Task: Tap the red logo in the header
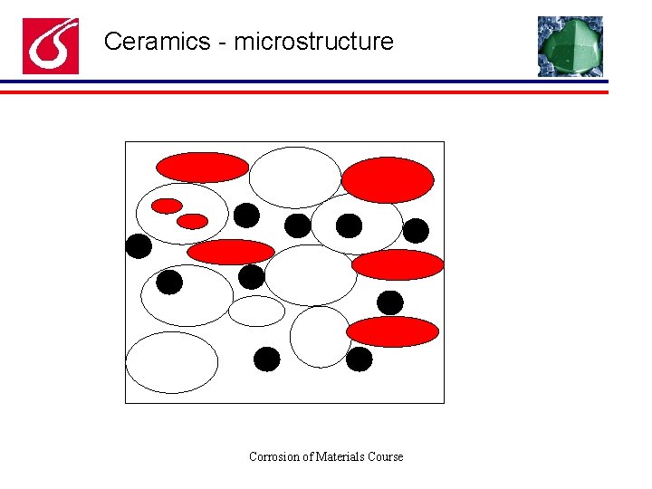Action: coord(51,46)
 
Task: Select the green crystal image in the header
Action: coord(570,46)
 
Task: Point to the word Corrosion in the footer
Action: coord(275,456)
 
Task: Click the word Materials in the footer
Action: coord(340,456)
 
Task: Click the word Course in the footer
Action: coord(386,456)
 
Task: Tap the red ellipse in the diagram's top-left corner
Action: coord(202,167)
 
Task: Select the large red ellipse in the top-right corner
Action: coord(388,179)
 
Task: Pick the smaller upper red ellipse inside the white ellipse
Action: coord(167,206)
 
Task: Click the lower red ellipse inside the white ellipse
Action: coord(192,221)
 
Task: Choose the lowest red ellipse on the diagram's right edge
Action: coord(392,331)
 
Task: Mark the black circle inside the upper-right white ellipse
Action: coord(349,225)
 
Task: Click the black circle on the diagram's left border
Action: coord(139,246)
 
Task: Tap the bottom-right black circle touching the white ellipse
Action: coord(360,360)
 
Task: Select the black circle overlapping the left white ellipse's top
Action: coord(169,283)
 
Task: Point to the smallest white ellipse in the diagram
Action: coord(256,311)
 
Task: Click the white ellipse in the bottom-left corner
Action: coord(172,362)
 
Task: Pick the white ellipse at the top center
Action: coord(294,177)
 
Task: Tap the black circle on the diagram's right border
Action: coord(416,231)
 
